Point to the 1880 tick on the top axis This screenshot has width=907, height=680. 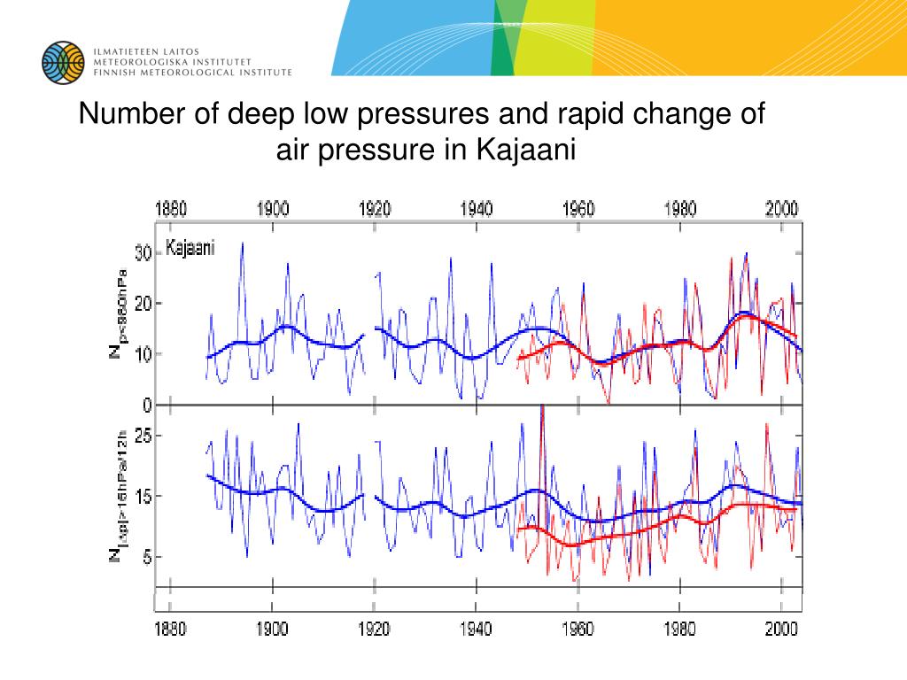point(171,210)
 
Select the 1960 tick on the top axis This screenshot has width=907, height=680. point(578,210)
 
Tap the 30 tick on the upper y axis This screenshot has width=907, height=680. point(143,253)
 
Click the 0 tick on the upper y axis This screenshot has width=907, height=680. point(148,406)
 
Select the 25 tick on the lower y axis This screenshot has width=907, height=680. point(143,435)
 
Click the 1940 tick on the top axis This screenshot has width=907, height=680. point(477,210)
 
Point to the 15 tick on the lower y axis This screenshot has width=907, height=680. point(143,496)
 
